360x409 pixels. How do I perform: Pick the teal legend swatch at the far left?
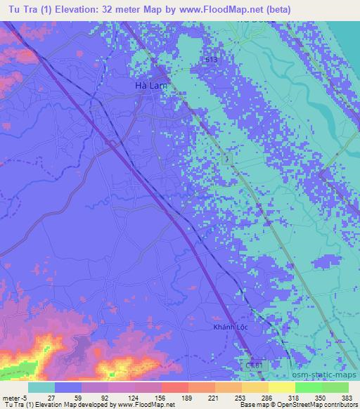[41, 387]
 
